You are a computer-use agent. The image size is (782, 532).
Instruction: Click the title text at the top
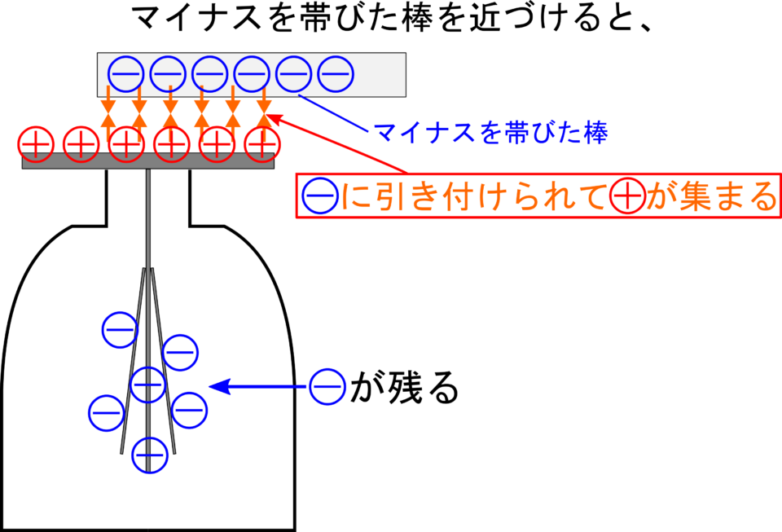coord(393,20)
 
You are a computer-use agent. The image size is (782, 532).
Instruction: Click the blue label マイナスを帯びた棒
coord(490,133)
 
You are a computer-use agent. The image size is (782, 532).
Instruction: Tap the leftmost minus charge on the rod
coord(125,74)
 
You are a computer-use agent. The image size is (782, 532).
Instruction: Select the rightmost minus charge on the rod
coord(336,74)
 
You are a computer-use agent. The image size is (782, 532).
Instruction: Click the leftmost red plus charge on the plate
coord(36,144)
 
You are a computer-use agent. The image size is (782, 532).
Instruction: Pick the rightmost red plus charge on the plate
coord(262,144)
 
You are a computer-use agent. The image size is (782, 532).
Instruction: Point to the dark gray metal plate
coord(148,161)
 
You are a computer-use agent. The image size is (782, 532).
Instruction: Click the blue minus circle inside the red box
coord(320,196)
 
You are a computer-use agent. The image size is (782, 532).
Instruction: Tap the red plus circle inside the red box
coord(628,196)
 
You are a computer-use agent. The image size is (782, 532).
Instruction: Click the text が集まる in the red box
coord(712,196)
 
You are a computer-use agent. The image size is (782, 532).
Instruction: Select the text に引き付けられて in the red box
coord(474,196)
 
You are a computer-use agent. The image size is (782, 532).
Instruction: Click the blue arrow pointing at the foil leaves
coord(258,386)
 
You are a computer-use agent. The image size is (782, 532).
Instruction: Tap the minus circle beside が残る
coord(327,386)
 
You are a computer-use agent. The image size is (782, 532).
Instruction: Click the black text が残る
coord(404,387)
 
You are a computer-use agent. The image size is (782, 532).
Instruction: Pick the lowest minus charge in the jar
coord(150,455)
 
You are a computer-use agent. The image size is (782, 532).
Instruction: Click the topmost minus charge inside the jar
coord(121,330)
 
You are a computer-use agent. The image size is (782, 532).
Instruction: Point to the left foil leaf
coord(134,361)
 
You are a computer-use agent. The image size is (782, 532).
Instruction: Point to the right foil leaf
coord(164,361)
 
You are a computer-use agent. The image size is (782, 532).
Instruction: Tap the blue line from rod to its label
coord(333,113)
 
